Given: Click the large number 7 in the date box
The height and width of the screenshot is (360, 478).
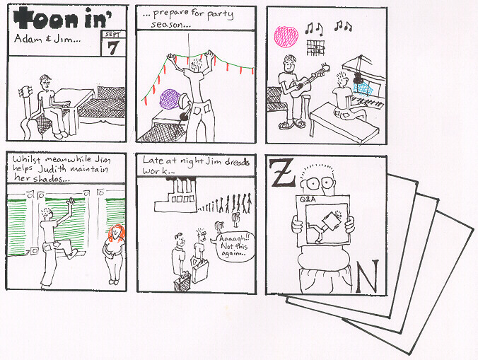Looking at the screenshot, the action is (113, 47).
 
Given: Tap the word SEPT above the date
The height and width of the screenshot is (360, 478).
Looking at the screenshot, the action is (113, 35).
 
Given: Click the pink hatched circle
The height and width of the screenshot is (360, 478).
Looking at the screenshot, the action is (286, 37).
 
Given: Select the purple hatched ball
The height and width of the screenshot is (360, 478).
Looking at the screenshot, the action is (170, 99).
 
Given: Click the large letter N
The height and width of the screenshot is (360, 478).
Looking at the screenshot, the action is (368, 276).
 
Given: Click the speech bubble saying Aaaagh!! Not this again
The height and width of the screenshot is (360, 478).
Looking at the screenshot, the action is (233, 247).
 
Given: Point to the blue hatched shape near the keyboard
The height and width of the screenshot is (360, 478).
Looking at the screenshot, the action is (363, 88).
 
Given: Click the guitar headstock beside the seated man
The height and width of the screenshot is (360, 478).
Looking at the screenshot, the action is (25, 91).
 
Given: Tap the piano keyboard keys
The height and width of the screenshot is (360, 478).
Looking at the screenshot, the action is (367, 102).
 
